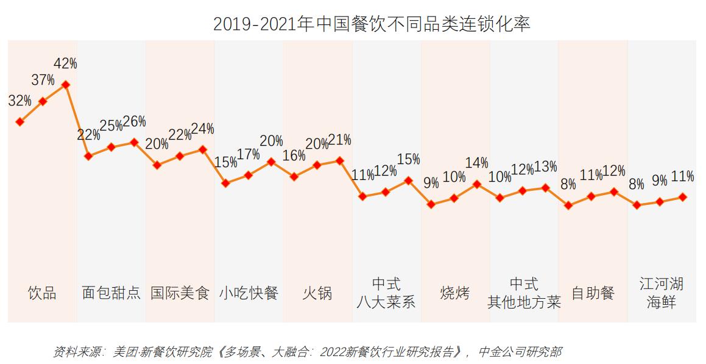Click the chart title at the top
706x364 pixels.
371,24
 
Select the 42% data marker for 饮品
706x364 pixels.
66,85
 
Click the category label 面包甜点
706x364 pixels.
111,293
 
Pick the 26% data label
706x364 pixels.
134,121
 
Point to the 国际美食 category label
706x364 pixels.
180,293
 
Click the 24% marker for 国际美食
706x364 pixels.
203,149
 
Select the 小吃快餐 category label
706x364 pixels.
249,293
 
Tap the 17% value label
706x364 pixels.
249,154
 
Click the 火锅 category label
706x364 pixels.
317,293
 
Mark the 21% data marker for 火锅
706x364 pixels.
340,160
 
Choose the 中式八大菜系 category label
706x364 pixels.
386,293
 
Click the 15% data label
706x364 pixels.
408,160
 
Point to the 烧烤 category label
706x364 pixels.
454,293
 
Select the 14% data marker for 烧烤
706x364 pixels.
477,184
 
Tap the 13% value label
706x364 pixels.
545,167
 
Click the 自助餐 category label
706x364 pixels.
592,293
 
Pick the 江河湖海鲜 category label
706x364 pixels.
661,293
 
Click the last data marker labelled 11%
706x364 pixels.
683,197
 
